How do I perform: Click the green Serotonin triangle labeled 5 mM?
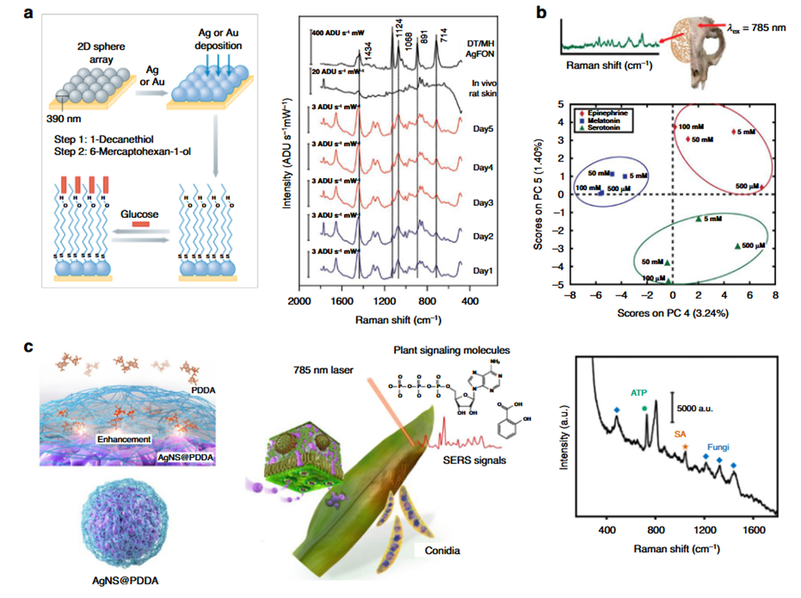(x=699, y=219)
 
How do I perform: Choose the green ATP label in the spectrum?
(x=640, y=393)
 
